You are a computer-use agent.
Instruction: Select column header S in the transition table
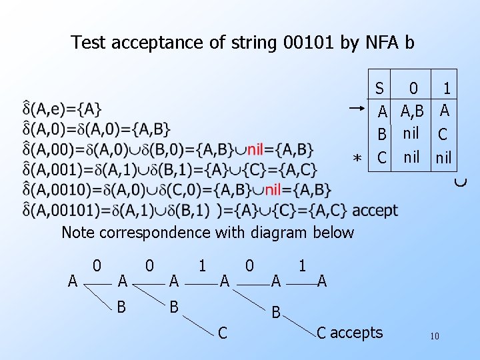[379, 88]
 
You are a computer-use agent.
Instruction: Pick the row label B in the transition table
[382, 135]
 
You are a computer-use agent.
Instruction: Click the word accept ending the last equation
[375, 211]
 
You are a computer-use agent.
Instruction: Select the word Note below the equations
[77, 233]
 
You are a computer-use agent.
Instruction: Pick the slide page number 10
[434, 336]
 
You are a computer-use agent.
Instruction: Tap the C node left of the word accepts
[321, 332]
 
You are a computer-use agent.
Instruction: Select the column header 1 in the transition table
[447, 88]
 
